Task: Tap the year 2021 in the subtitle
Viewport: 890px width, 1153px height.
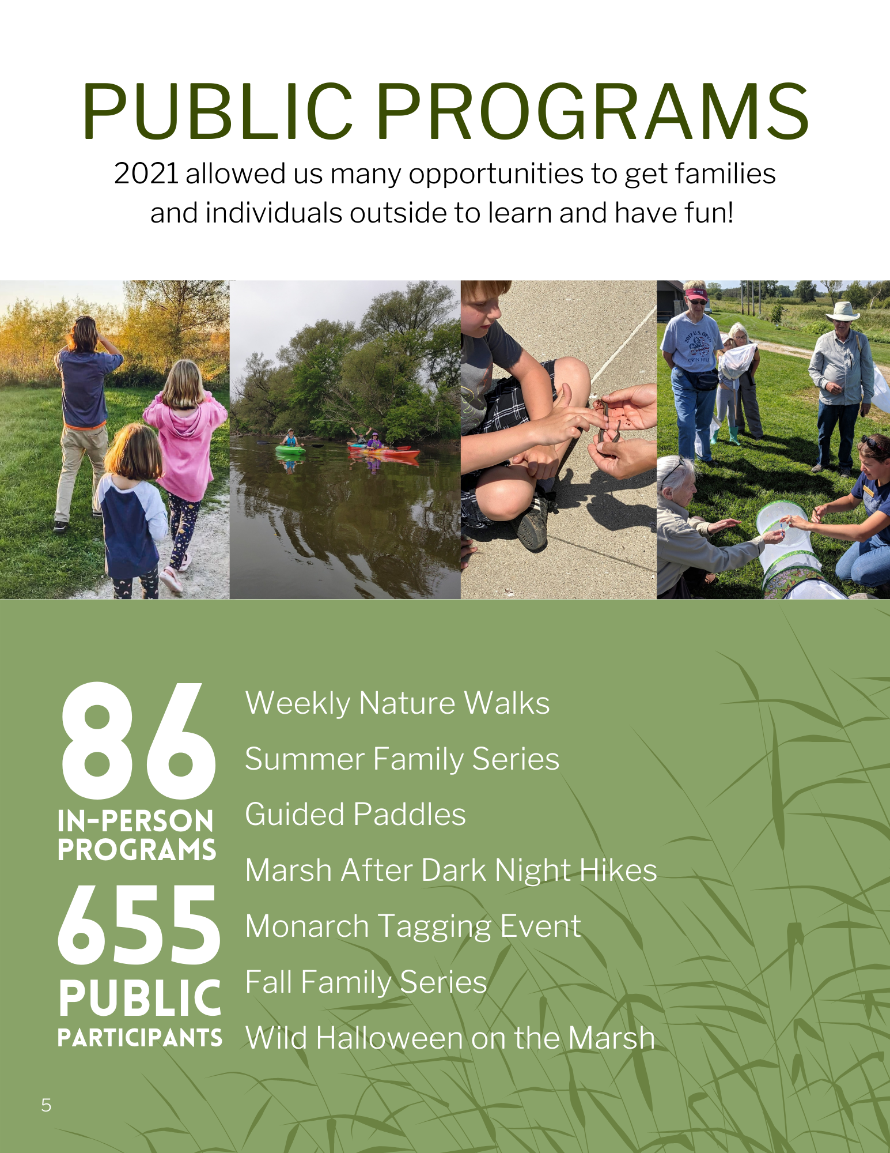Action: (146, 174)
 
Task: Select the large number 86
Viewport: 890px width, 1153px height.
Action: (138, 740)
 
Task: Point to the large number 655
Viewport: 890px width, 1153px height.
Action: (139, 925)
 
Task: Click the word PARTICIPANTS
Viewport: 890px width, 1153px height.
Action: (140, 1038)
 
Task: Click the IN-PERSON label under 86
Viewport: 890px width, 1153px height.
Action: (135, 821)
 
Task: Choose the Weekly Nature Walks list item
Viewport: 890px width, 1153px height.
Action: (397, 703)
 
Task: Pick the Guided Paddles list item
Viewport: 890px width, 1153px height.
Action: (355, 815)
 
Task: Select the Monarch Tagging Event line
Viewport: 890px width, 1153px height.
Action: (413, 926)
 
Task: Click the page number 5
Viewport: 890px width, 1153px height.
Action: (46, 1105)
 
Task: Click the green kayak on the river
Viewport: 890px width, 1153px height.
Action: (290, 450)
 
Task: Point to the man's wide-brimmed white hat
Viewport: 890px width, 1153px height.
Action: (842, 311)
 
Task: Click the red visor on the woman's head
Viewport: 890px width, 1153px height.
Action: (696, 294)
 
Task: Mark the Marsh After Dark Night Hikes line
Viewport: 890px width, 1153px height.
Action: (451, 871)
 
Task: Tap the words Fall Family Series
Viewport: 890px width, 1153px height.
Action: (366, 982)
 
